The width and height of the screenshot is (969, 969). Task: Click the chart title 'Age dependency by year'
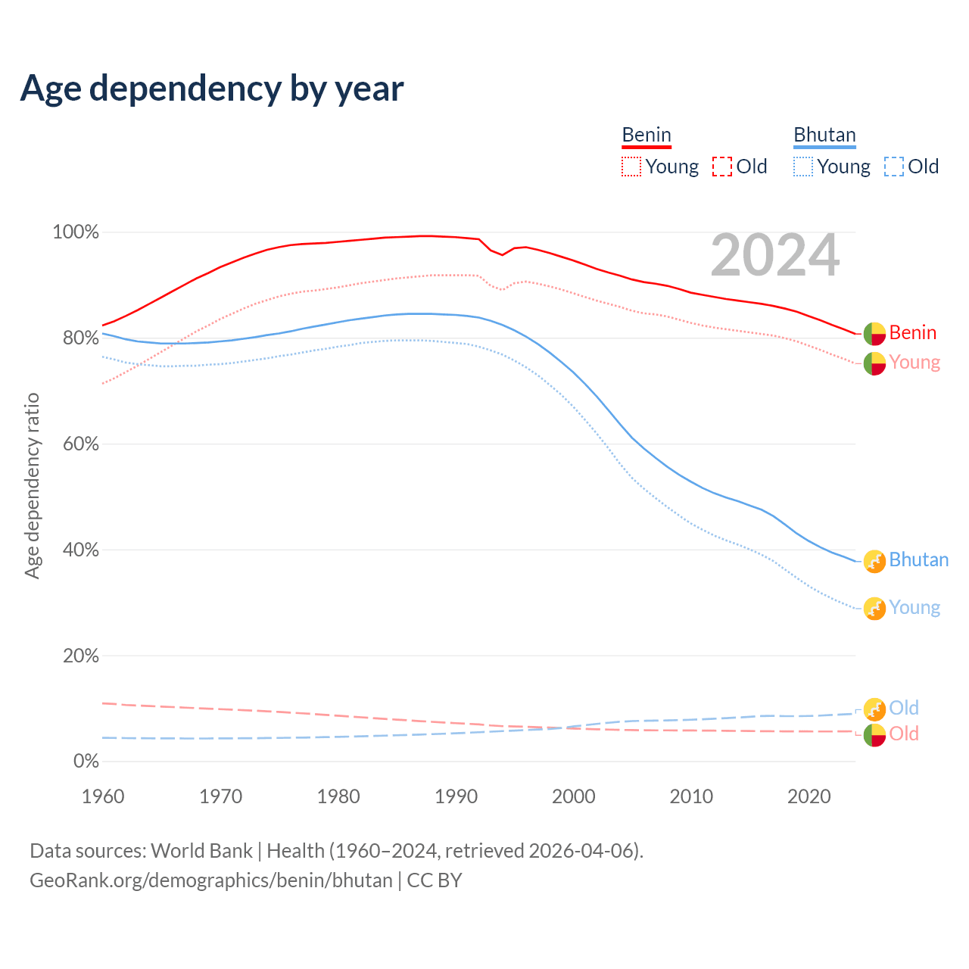pyautogui.click(x=212, y=88)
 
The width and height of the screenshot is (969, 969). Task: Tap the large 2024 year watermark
pyautogui.click(x=775, y=255)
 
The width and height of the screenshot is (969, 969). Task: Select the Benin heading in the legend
pyautogui.click(x=647, y=135)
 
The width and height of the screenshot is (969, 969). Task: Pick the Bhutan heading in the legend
pyautogui.click(x=824, y=135)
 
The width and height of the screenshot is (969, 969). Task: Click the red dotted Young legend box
pyautogui.click(x=631, y=167)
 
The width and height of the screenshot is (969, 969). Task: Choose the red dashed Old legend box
pyautogui.click(x=722, y=167)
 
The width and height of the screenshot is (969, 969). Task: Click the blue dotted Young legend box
pyautogui.click(x=803, y=167)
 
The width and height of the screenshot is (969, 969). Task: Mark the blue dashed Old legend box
pyautogui.click(x=894, y=167)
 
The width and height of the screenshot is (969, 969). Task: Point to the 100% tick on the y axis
pyautogui.click(x=76, y=232)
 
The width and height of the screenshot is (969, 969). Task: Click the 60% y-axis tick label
pyautogui.click(x=80, y=444)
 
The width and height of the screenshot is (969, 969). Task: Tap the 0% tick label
pyautogui.click(x=86, y=762)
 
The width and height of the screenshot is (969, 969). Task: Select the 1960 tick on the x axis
pyautogui.click(x=103, y=796)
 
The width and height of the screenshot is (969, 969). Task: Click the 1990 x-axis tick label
pyautogui.click(x=456, y=796)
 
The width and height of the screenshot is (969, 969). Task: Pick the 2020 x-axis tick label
pyautogui.click(x=809, y=796)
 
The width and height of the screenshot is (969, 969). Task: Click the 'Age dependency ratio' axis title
pyautogui.click(x=32, y=485)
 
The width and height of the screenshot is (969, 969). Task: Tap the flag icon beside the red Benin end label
pyautogui.click(x=874, y=333)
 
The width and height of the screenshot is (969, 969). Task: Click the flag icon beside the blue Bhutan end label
pyautogui.click(x=874, y=561)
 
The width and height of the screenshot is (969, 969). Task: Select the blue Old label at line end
pyautogui.click(x=903, y=708)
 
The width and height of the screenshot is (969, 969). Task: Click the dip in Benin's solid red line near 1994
pyautogui.click(x=502, y=254)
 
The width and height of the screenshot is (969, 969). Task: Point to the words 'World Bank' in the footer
pyautogui.click(x=201, y=851)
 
